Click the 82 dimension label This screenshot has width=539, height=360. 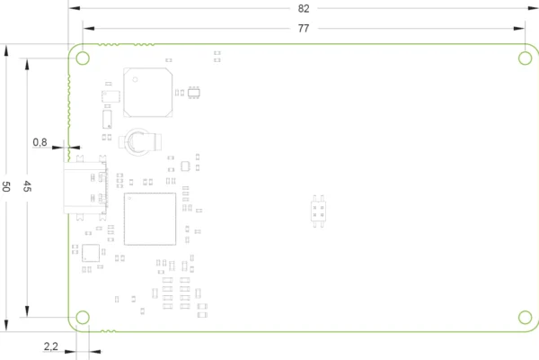tap(304, 9)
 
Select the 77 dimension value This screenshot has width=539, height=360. tap(304, 28)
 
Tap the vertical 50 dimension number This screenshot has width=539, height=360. tap(6, 186)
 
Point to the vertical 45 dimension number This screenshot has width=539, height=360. tap(27, 186)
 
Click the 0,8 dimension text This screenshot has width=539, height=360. tap(40, 142)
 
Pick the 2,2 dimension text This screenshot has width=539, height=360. tap(51, 346)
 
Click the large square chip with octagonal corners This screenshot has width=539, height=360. tap(148, 93)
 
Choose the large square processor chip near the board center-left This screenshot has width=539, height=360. tap(150, 219)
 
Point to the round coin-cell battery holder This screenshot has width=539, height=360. tap(139, 141)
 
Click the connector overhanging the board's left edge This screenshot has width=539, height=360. tap(85, 188)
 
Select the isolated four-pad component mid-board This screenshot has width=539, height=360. tap(318, 211)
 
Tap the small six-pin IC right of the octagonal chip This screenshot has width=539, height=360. tap(194, 93)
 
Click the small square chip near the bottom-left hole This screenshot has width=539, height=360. tap(91, 253)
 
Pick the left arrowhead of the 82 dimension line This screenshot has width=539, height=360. tap(75, 8)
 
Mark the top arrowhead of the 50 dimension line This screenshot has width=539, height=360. tap(6, 50)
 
